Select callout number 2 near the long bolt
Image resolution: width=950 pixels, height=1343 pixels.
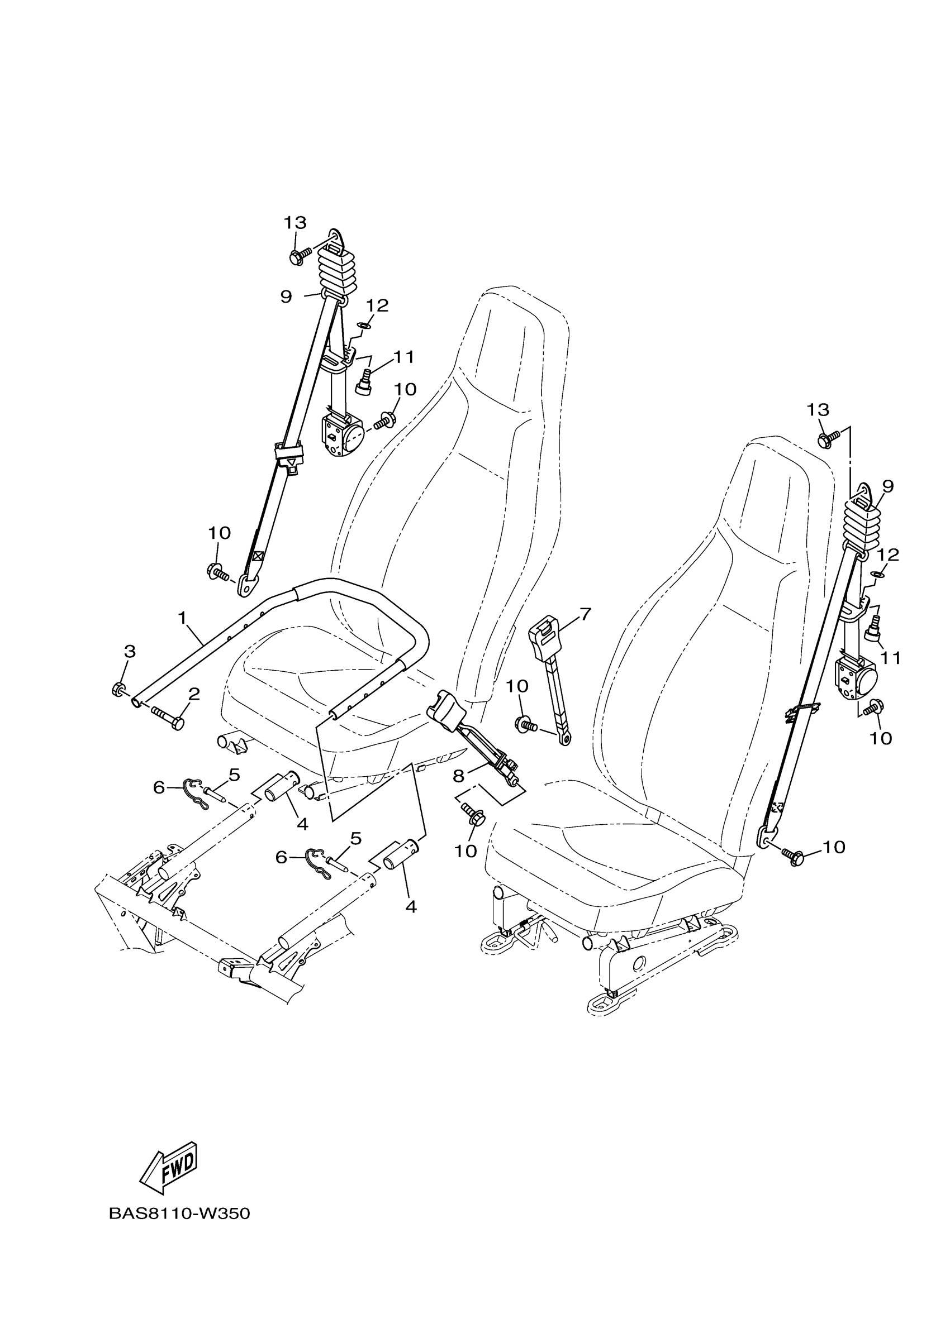click(194, 694)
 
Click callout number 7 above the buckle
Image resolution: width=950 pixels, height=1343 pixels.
click(585, 614)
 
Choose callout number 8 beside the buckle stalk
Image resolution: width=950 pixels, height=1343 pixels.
click(458, 776)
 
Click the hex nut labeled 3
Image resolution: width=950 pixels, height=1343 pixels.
click(117, 690)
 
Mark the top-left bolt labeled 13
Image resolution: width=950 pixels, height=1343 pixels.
click(298, 256)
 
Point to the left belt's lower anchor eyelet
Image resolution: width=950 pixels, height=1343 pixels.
click(248, 584)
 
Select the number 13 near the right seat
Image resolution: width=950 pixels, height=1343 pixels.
click(818, 409)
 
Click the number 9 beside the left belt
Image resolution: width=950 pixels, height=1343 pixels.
click(286, 297)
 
